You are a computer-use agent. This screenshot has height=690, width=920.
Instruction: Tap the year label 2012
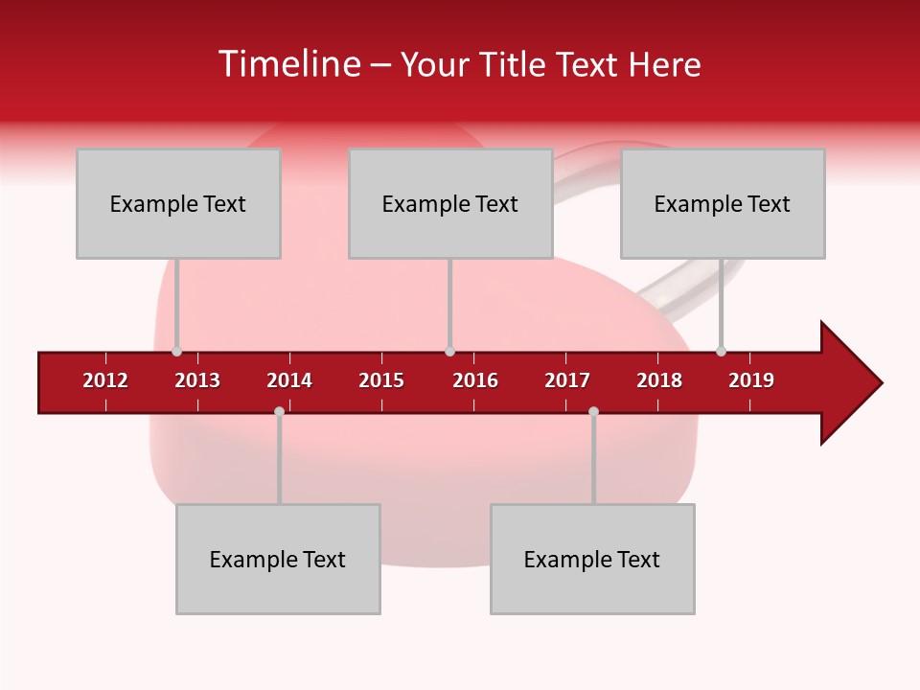tap(105, 380)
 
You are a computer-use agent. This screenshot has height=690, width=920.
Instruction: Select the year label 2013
tap(197, 380)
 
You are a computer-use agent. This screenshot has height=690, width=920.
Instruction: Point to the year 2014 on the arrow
tap(289, 380)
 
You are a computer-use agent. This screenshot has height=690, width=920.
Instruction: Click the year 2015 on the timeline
tap(381, 380)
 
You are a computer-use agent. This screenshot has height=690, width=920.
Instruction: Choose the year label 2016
tap(475, 380)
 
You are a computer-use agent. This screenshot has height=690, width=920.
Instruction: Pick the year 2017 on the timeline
tap(567, 380)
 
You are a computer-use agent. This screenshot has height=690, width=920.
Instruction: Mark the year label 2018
tap(659, 380)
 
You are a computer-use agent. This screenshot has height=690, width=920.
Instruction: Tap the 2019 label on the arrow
tap(751, 380)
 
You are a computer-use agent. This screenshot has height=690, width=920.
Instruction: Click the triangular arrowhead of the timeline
tap(848, 383)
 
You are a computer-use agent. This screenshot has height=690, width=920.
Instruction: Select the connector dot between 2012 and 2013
tap(176, 352)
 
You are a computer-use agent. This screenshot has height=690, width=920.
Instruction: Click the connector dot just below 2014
tap(279, 411)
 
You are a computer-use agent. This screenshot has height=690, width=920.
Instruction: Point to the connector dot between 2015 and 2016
tap(449, 352)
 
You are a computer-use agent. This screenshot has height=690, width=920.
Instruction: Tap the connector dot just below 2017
tap(593, 411)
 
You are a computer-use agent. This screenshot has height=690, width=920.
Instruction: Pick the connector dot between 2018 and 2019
tap(721, 352)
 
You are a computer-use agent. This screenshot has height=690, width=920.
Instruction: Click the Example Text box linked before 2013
tap(178, 203)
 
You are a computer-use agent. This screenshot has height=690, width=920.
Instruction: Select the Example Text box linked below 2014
tap(278, 559)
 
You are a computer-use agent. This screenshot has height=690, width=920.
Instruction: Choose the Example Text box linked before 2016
tap(450, 203)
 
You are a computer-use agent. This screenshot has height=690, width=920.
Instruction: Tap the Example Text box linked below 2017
tap(592, 559)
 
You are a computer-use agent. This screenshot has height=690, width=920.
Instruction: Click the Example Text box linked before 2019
tap(723, 203)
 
